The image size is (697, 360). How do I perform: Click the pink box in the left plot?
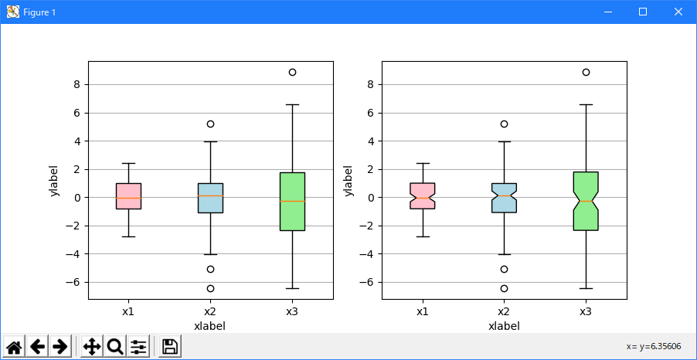[x=128, y=190]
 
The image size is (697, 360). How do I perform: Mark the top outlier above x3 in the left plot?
[x=292, y=72]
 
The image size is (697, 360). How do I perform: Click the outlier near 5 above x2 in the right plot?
[x=504, y=124]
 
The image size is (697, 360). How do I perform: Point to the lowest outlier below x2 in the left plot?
[x=210, y=288]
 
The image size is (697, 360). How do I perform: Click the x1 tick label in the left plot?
[x=128, y=311]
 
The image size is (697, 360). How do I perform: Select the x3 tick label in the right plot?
[x=586, y=311]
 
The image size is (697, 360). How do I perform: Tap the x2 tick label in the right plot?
[x=504, y=311]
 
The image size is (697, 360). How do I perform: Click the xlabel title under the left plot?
[x=210, y=326]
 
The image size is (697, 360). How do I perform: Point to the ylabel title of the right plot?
[x=349, y=180]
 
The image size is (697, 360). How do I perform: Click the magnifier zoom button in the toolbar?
[x=115, y=347]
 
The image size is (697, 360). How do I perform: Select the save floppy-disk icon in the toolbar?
[x=170, y=347]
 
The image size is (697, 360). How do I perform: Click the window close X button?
[x=678, y=12]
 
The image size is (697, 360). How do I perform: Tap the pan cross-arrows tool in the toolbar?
[x=92, y=347]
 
